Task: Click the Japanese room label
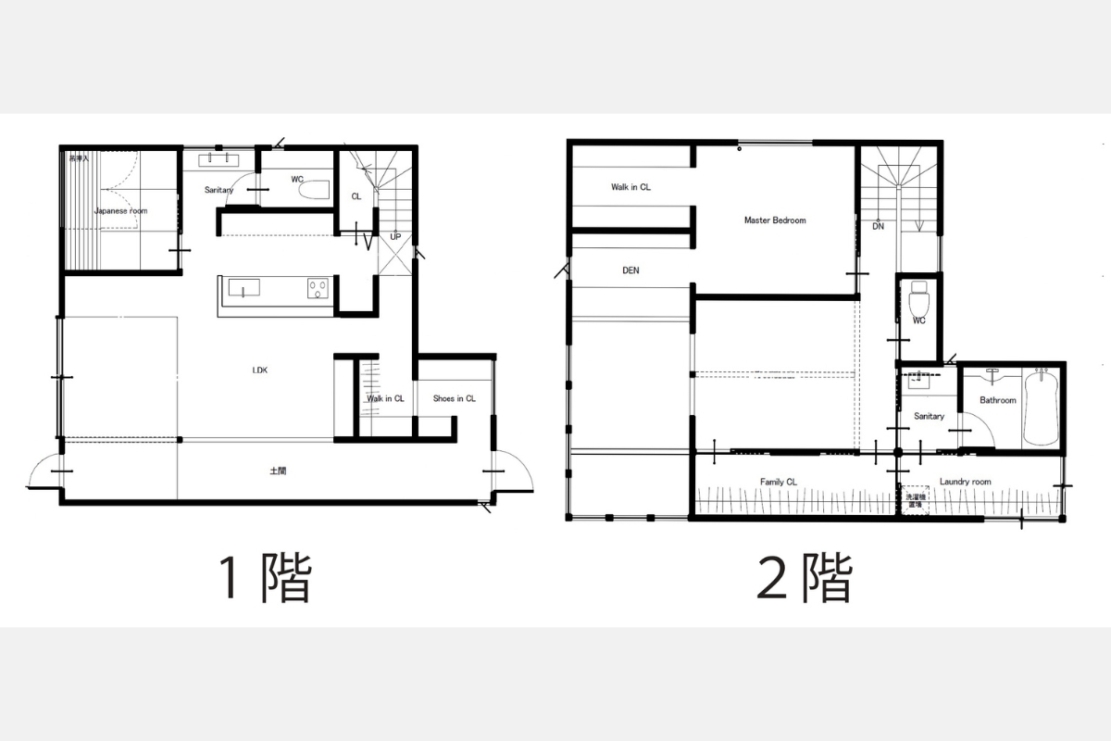coord(120,211)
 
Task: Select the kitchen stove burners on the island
coord(317,290)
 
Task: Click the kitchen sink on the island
coord(243,290)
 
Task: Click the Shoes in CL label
coord(454,399)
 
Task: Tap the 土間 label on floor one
coord(278,471)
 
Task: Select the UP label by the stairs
coord(395,236)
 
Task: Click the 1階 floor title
coord(264,578)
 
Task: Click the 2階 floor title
coord(805,578)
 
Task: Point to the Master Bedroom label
coord(775,220)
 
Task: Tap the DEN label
coord(630,271)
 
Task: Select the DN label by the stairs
coord(877,226)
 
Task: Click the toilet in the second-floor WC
coord(918,300)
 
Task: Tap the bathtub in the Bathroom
coord(1041,407)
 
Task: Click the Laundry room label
coord(965,482)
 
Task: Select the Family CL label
coord(778,482)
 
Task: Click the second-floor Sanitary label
coord(929,417)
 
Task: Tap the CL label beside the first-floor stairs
coord(356,196)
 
